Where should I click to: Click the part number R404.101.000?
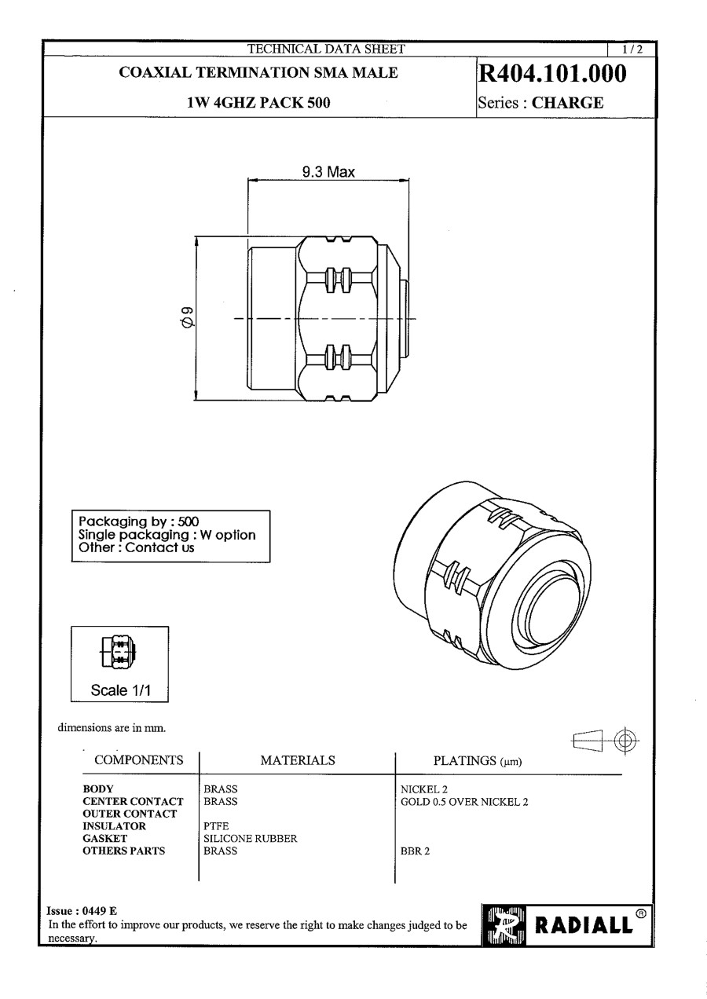[552, 74]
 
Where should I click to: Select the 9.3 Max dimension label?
[328, 172]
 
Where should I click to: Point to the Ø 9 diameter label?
[187, 317]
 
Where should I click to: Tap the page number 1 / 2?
[632, 49]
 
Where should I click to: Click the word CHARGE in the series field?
[567, 103]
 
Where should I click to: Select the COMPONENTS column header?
[139, 759]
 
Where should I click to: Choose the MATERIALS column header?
[298, 760]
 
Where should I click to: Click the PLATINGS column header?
[478, 760]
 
